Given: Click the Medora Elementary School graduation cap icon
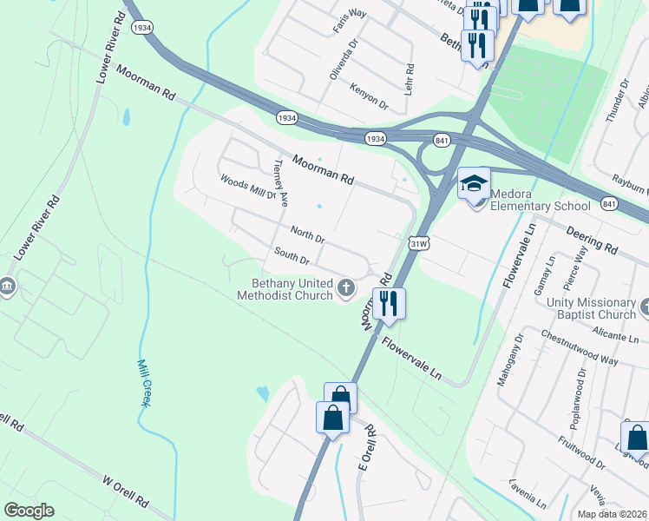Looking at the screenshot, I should pos(474,184).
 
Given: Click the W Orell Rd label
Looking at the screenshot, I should pos(127,491).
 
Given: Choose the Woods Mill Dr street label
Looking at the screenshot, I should pos(248,188).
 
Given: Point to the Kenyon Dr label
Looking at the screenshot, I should pos(370,96).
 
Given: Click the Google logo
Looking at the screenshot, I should pos(29,511).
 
